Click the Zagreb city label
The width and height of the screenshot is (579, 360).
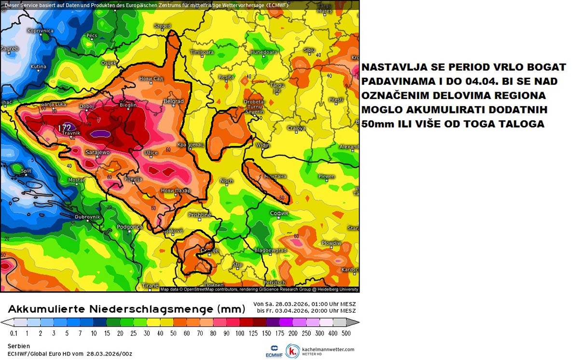click(9, 49)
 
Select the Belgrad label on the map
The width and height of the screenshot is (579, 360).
click(173, 101)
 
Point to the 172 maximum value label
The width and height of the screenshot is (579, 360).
click(64, 128)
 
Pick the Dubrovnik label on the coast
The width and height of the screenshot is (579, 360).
click(87, 217)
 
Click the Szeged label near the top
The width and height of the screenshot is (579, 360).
click(162, 26)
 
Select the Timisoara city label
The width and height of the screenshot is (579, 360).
click(202, 52)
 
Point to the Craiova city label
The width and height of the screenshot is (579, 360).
click(296, 128)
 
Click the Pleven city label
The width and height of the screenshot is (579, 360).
click(327, 177)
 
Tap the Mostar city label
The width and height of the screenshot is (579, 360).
click(76, 180)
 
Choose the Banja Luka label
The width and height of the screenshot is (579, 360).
click(54, 105)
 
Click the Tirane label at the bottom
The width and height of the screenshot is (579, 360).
click(151, 286)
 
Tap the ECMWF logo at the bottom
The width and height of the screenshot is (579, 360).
click(273, 351)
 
